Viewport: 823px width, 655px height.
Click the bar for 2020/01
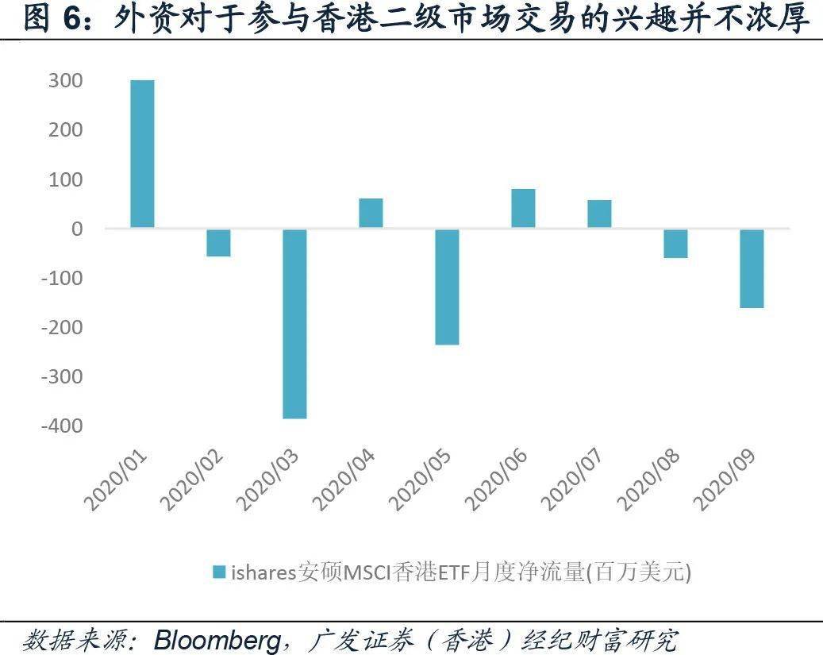pyautogui.click(x=142, y=154)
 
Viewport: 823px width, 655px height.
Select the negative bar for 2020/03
pyautogui.click(x=294, y=323)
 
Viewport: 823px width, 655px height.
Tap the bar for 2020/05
pyautogui.click(x=447, y=287)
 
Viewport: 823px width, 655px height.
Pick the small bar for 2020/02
pyautogui.click(x=218, y=242)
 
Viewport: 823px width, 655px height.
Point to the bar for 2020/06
pyautogui.click(x=523, y=208)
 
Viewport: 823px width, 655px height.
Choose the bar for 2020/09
pyautogui.click(x=752, y=268)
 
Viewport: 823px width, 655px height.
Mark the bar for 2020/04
pyautogui.click(x=371, y=213)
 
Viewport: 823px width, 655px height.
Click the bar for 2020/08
pyautogui.click(x=675, y=243)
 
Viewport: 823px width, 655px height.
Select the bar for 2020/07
pyautogui.click(x=599, y=214)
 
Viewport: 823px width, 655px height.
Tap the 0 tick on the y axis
pyautogui.click(x=76, y=229)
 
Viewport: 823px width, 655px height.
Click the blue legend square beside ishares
pyautogui.click(x=220, y=572)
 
